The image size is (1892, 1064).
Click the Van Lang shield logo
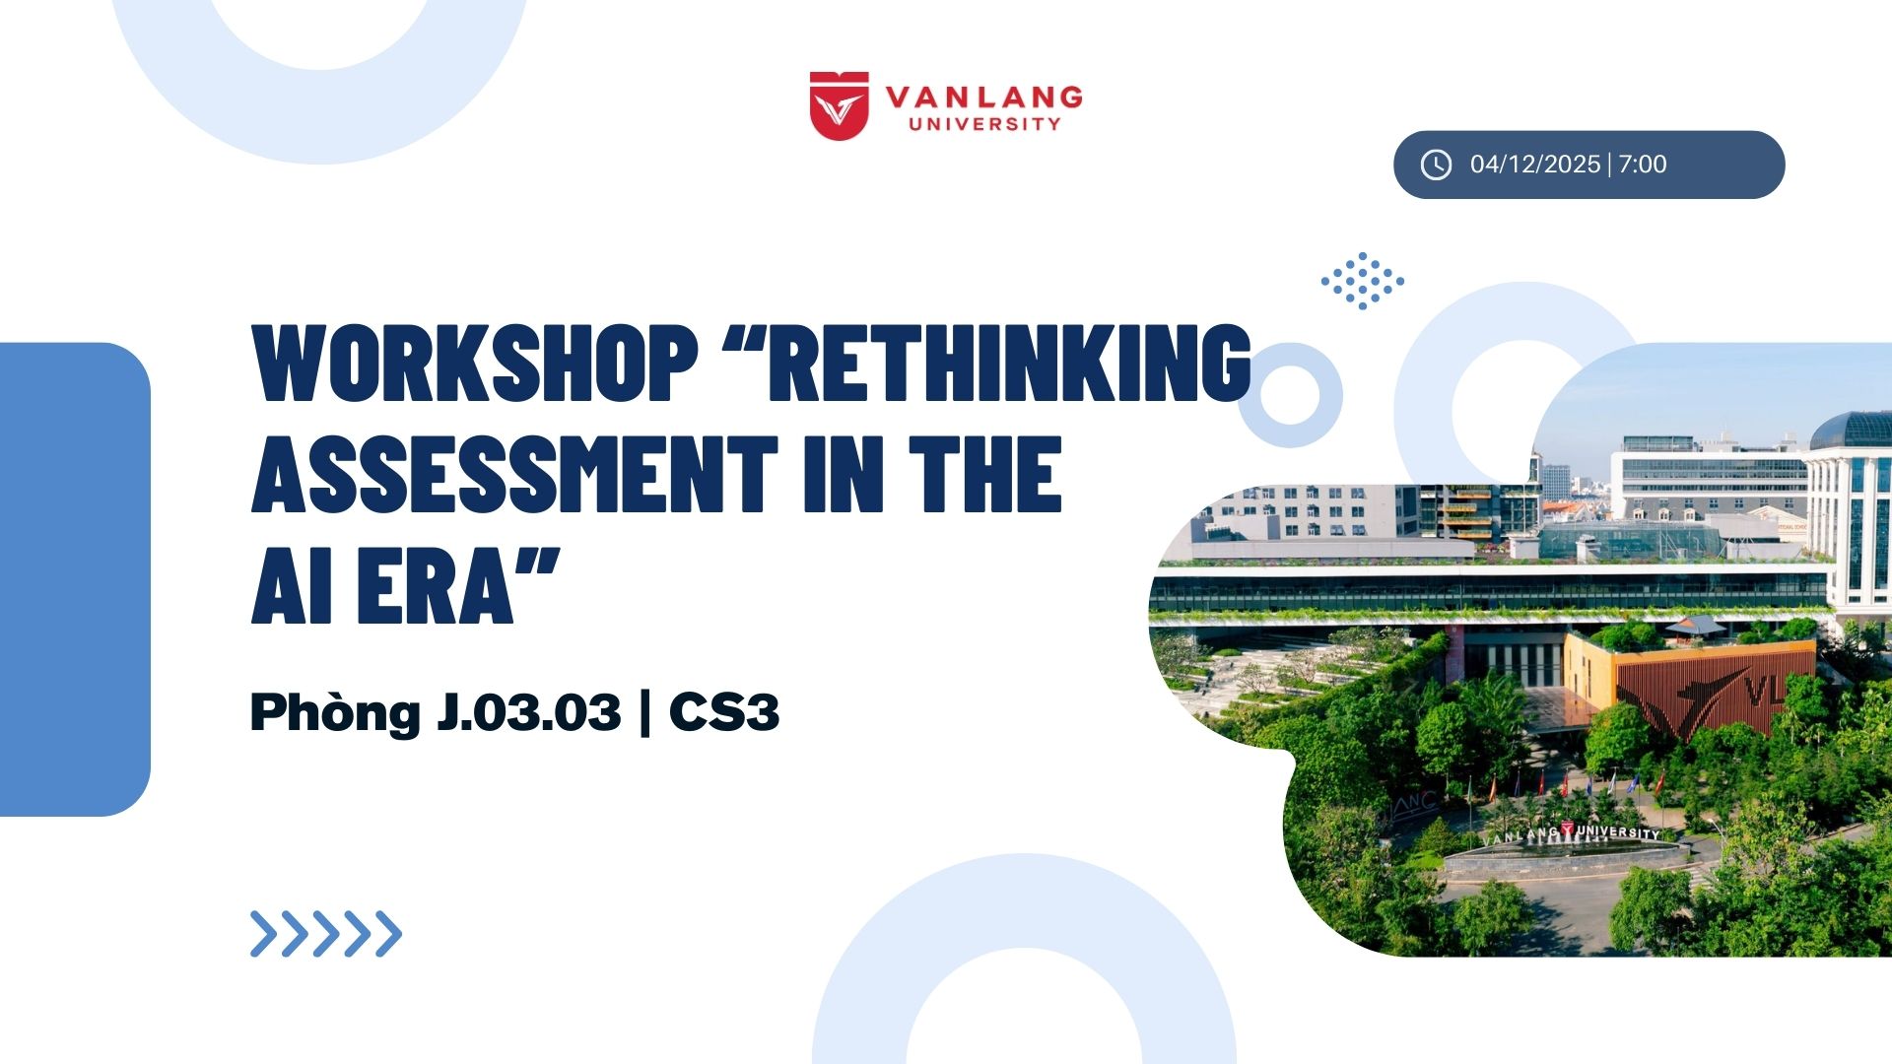tap(839, 105)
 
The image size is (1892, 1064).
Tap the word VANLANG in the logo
tap(983, 97)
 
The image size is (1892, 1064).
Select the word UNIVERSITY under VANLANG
tap(984, 124)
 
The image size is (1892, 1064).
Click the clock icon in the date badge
tap(1436, 165)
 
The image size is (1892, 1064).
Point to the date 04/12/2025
tap(1534, 165)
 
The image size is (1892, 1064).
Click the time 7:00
tap(1643, 165)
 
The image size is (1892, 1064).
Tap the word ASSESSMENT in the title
tap(514, 475)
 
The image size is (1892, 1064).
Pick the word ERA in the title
tap(437, 587)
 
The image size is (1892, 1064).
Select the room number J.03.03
tap(529, 712)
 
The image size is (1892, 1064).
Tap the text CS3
tap(724, 712)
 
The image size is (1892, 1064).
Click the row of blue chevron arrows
tap(326, 934)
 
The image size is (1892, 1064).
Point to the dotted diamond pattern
tap(1363, 281)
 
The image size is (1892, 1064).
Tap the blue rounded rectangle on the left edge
tap(75, 579)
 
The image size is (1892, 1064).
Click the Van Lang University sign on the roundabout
tap(1573, 834)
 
